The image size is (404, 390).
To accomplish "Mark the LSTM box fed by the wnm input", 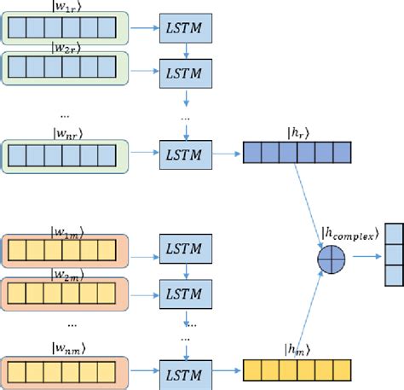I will pyautogui.click(x=185, y=369).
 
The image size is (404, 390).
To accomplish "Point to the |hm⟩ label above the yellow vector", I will pyautogui.click(x=296, y=347).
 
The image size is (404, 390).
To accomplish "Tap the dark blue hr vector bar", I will pyautogui.click(x=297, y=152).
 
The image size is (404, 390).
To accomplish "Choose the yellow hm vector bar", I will pyautogui.click(x=297, y=369).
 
